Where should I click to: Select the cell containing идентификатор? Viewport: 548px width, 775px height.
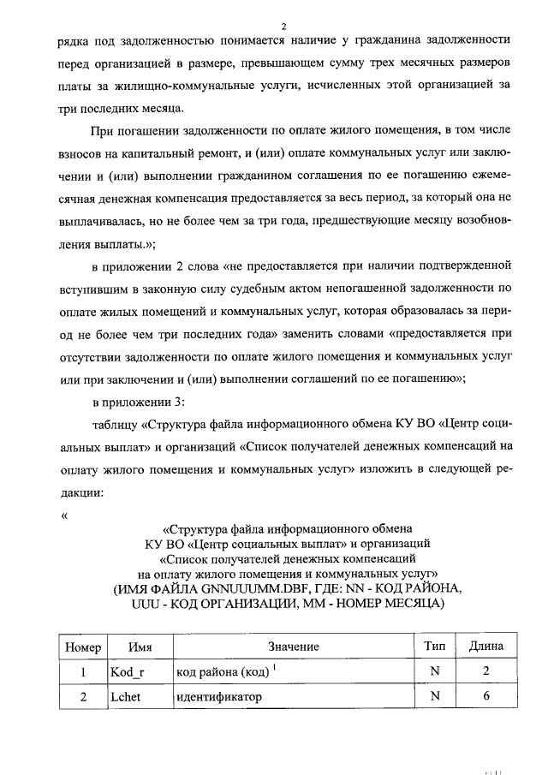(x=217, y=697)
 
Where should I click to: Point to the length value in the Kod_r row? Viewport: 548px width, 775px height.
(x=485, y=671)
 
